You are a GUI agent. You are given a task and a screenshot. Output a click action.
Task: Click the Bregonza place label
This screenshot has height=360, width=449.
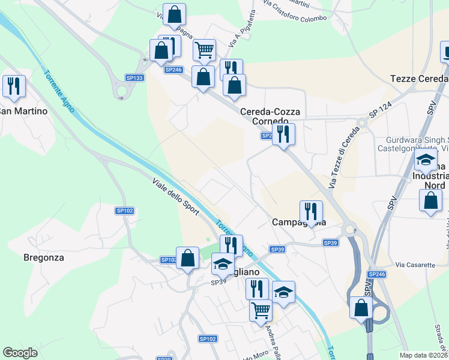43,257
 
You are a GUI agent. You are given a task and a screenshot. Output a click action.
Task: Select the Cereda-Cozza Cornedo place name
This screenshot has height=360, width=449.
265,116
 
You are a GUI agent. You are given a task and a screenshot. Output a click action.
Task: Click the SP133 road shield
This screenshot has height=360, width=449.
134,78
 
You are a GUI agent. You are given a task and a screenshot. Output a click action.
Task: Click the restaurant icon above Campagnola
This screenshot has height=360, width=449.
310,211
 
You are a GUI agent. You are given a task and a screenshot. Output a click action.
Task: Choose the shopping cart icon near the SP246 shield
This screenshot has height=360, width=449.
204,50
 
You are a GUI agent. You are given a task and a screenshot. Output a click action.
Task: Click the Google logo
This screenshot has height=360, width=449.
20,353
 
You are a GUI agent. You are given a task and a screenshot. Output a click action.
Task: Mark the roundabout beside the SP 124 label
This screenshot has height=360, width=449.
362,123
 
